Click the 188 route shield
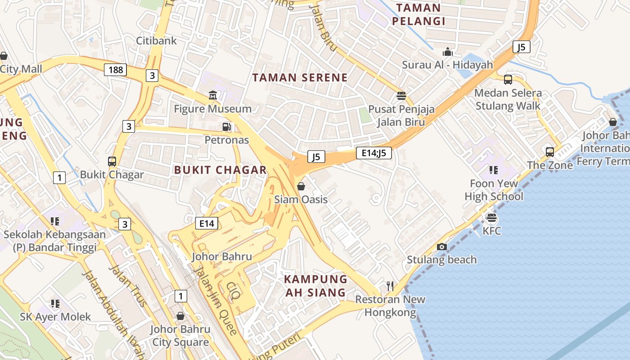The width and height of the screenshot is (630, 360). pyautogui.click(x=116, y=70)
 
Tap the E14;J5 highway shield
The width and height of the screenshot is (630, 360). pyautogui.click(x=373, y=153)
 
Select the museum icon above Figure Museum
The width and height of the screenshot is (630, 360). pyautogui.click(x=213, y=95)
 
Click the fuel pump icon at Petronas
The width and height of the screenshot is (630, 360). pyautogui.click(x=227, y=127)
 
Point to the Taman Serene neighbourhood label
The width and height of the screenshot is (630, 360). pyautogui.click(x=300, y=78)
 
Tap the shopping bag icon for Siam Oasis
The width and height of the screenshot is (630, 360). pyautogui.click(x=301, y=186)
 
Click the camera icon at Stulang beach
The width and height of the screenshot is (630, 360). pyautogui.click(x=441, y=247)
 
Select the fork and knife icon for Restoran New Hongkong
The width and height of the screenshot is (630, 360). pyautogui.click(x=390, y=286)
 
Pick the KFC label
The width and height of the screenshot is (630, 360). pyautogui.click(x=491, y=231)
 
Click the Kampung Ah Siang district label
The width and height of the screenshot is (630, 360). pyautogui.click(x=315, y=286)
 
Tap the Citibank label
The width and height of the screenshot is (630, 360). pyautogui.click(x=157, y=40)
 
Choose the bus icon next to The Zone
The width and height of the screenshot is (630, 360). pyautogui.click(x=549, y=152)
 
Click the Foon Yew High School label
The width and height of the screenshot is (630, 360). pyautogui.click(x=494, y=190)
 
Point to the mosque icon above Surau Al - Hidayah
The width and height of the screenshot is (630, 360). pyautogui.click(x=447, y=52)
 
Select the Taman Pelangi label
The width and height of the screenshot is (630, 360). pyautogui.click(x=418, y=14)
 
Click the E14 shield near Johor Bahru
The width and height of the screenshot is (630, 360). pyautogui.click(x=207, y=223)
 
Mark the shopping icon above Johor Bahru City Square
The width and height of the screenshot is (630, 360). pyautogui.click(x=180, y=316)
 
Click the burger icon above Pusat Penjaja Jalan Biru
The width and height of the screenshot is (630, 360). pyautogui.click(x=401, y=95)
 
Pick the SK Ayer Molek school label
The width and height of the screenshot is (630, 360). pyautogui.click(x=55, y=317)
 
